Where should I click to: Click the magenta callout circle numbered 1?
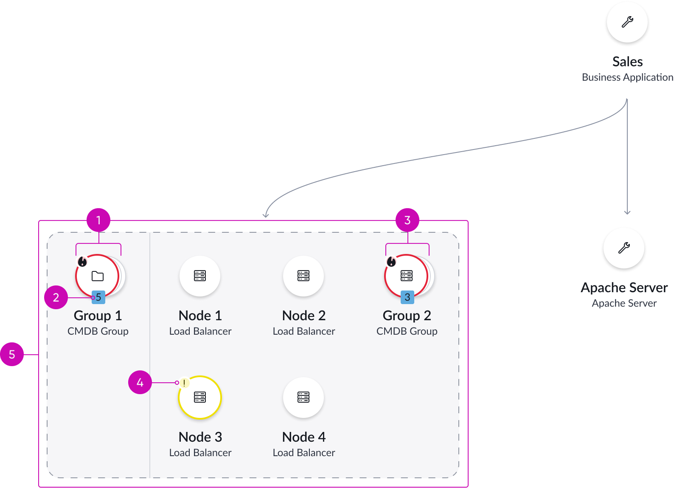pos(98,220)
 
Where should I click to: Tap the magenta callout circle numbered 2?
pos(56,297)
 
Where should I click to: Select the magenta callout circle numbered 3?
pos(407,220)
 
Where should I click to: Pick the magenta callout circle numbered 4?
pos(140,382)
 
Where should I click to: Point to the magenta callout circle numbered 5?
pos(12,354)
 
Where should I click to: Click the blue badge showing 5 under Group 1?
pos(98,297)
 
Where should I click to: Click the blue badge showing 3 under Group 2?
pos(407,297)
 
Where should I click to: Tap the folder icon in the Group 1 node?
pos(98,276)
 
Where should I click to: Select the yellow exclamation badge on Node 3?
pos(184,383)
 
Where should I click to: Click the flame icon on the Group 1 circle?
pos(82,262)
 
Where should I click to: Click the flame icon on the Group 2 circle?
pos(391,262)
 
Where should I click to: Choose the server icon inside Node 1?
pos(200,276)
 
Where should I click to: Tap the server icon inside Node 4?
pos(303,397)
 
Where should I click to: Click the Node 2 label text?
pos(304,316)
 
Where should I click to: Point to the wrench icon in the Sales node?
pos(627,22)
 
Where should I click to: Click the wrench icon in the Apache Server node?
pos(624,248)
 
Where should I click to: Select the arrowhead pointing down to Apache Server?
pos(627,212)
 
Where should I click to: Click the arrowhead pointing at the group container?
pos(266,214)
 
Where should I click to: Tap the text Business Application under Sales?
pos(627,77)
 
